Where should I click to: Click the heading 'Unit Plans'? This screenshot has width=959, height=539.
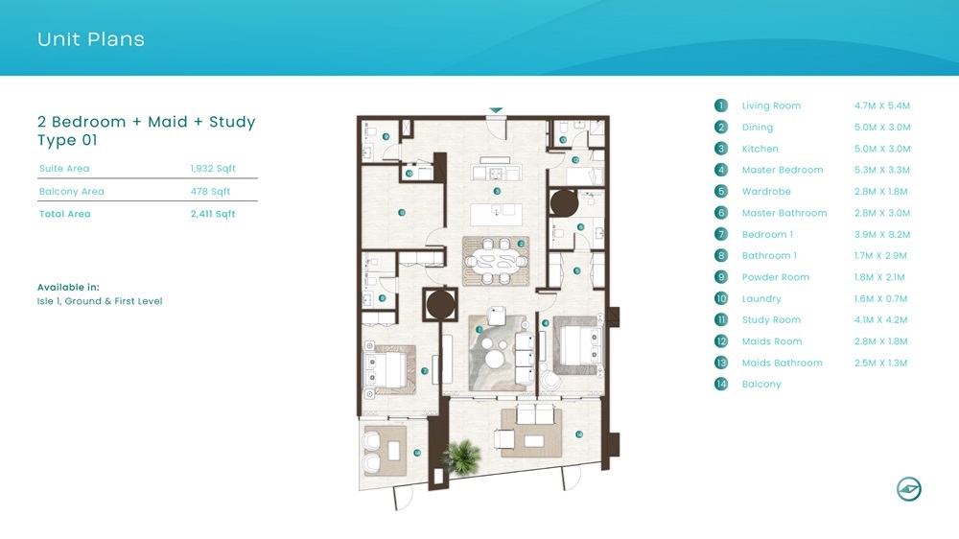[91, 39]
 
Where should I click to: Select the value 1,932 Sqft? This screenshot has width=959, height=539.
[213, 169]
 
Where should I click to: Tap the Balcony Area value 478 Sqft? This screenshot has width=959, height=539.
[211, 192]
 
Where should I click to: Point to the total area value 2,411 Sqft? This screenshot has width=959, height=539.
[213, 214]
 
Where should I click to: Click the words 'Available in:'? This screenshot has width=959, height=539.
[68, 287]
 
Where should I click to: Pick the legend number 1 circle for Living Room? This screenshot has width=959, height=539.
[721, 105]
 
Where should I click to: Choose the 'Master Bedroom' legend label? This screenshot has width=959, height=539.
[782, 170]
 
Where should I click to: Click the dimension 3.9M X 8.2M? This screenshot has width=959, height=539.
[881, 234]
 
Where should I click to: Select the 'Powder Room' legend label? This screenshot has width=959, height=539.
[775, 277]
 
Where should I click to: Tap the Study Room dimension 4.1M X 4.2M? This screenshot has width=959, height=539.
[881, 320]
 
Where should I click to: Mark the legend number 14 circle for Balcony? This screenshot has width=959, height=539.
[721, 385]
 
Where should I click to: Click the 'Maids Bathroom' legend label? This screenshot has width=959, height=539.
[782, 363]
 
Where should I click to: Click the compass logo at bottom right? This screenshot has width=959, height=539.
[908, 489]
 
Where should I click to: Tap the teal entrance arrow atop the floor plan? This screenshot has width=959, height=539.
[495, 110]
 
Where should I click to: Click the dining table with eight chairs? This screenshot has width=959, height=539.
[495, 260]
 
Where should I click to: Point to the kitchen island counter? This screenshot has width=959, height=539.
[497, 211]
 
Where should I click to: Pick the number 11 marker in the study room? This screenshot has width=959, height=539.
[402, 213]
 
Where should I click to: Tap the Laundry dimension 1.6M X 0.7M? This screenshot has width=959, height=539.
[881, 298]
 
